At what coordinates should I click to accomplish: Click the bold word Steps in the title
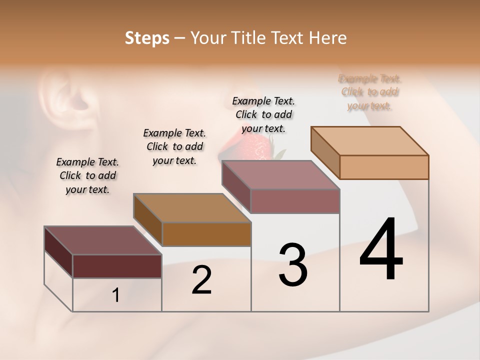147,38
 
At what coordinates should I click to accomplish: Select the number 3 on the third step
292,265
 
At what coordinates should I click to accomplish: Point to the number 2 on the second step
201,280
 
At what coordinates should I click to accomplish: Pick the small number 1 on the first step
115,295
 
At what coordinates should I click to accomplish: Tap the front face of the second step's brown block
206,234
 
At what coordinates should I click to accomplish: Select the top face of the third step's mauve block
280,175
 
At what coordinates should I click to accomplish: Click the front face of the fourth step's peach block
384,167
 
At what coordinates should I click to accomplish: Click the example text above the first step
87,175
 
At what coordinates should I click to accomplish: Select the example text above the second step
174,146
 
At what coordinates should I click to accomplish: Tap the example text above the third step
263,114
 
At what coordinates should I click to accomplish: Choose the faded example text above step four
370,92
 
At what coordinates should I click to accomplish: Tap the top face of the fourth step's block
369,140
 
